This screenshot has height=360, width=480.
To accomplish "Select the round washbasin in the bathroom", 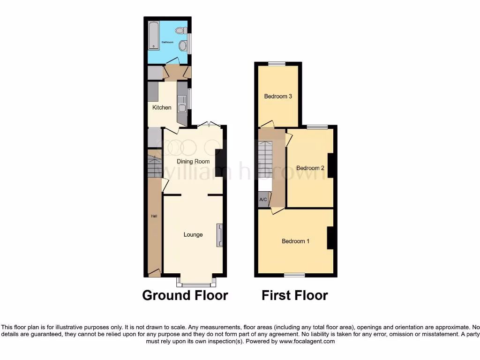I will pyautogui.click(x=182, y=45).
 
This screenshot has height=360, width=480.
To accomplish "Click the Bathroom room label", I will pyautogui.click(x=167, y=43).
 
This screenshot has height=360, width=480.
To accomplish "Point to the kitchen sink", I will pyautogui.click(x=181, y=107).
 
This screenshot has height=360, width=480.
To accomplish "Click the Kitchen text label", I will pyautogui.click(x=162, y=108).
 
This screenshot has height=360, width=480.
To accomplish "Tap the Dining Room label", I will pyautogui.click(x=193, y=162).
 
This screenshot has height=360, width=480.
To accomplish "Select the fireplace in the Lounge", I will pyautogui.click(x=219, y=235).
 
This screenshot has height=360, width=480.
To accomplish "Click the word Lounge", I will pyautogui.click(x=193, y=235).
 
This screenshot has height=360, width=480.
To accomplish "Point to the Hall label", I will pyautogui.click(x=154, y=216).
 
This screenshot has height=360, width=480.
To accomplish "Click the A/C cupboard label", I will pyautogui.click(x=263, y=200).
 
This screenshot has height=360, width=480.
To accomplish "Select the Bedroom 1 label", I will pyautogui.click(x=295, y=241).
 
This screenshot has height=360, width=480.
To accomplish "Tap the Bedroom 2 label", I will pyautogui.click(x=310, y=168).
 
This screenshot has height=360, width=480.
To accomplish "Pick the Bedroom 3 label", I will pyautogui.click(x=278, y=97).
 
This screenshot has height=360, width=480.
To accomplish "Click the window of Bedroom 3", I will pyautogui.click(x=277, y=64).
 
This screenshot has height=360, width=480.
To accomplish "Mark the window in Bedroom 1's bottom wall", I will pyautogui.click(x=294, y=275).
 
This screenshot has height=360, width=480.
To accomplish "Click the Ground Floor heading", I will pyautogui.click(x=185, y=295).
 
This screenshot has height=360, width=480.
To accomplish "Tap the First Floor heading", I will pyautogui.click(x=294, y=295).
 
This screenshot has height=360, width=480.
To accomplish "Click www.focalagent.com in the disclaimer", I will pyautogui.click(x=307, y=342).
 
